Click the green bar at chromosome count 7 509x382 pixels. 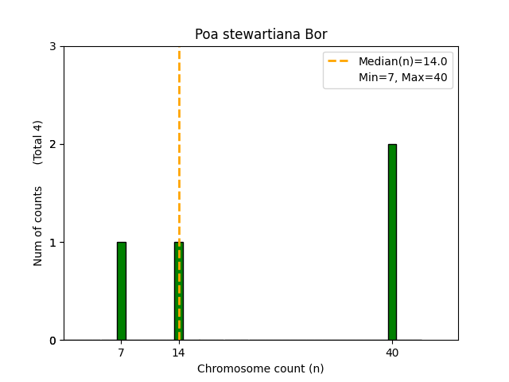121,291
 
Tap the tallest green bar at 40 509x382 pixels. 392,242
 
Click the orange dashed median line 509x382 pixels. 179,159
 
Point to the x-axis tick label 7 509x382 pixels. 121,353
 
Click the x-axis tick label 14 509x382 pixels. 178,353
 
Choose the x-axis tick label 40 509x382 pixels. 392,353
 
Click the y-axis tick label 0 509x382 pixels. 53,341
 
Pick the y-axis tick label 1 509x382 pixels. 53,243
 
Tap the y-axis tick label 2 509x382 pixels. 53,145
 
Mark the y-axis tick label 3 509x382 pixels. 53,47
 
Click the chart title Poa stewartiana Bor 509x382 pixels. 261,35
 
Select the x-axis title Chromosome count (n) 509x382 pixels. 261,368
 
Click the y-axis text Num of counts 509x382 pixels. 38,226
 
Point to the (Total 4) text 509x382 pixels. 38,142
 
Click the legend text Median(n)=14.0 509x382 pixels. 402,61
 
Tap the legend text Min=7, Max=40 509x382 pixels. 402,76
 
